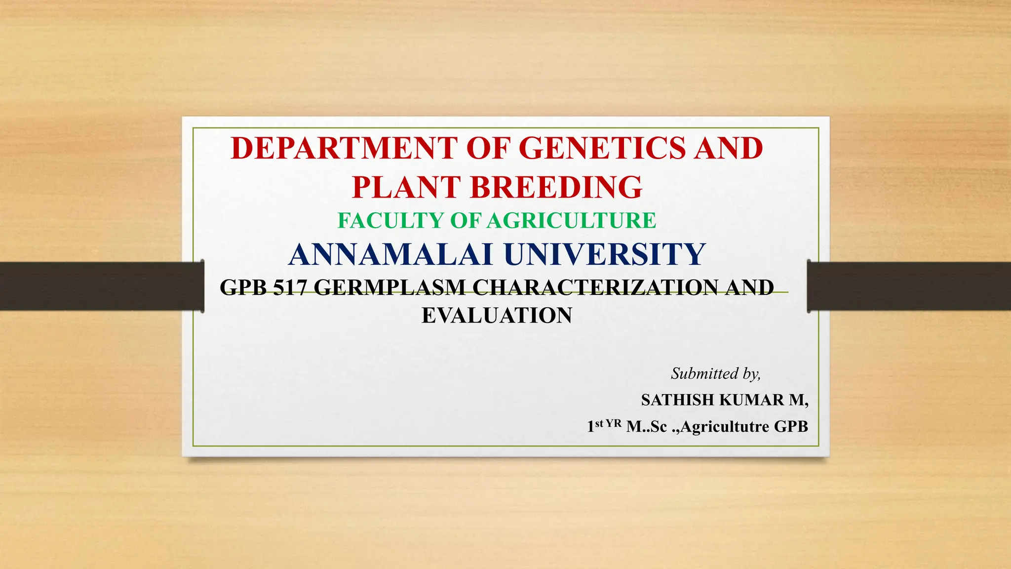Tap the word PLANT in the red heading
pyautogui.click(x=406, y=187)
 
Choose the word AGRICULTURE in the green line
pyautogui.click(x=572, y=220)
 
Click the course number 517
pyautogui.click(x=290, y=287)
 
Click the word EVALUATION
pyautogui.click(x=497, y=316)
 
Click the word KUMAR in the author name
pyautogui.click(x=751, y=400)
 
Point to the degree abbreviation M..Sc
pyautogui.click(x=647, y=427)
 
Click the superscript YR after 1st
pyautogui.click(x=613, y=423)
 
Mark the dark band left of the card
pyautogui.click(x=99, y=286)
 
